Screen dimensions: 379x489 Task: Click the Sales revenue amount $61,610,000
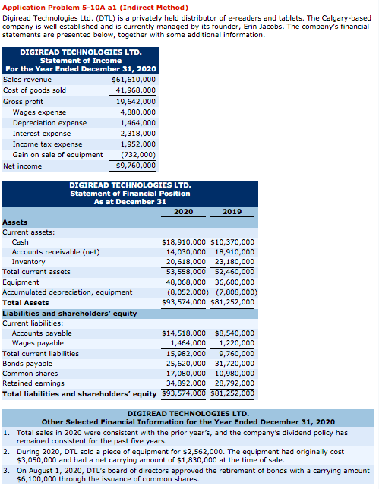coord(134,80)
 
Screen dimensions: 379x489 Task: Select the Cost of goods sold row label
coord(35,90)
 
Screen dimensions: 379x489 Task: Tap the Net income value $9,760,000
coord(136,166)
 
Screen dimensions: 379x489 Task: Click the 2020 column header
coord(183,211)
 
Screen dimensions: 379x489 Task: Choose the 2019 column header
coord(232,211)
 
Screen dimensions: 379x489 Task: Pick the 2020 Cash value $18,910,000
coord(184,242)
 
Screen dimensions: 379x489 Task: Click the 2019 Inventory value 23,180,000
coord(235,262)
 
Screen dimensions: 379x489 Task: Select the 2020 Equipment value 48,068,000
coord(186,282)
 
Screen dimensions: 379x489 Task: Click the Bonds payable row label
coord(27,364)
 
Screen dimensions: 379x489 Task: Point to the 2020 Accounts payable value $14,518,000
coord(184,333)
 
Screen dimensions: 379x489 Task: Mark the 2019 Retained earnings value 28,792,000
coord(235,383)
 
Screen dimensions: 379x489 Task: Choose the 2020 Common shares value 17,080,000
coord(186,374)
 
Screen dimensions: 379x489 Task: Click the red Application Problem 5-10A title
coord(95,7)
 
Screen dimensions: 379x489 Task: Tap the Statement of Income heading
coord(81,61)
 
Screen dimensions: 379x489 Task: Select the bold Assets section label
coord(15,222)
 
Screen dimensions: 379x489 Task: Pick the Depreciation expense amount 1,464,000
coord(138,123)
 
